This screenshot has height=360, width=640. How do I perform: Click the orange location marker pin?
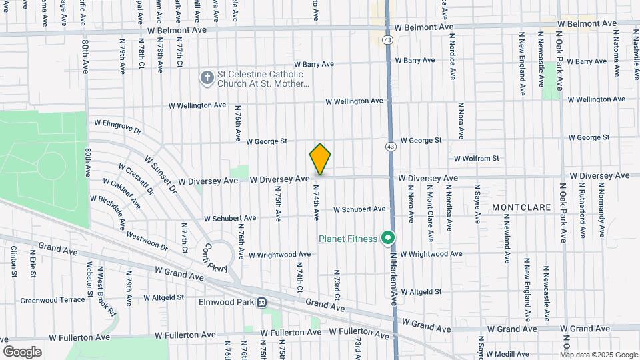(x=320, y=159)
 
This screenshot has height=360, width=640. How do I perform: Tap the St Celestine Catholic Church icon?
(x=207, y=79)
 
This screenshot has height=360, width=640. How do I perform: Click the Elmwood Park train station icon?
(x=262, y=301)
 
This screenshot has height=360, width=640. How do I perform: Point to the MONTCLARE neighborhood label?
(x=521, y=207)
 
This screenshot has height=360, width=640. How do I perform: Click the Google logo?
(x=22, y=351)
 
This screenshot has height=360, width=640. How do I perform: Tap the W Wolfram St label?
(x=476, y=159)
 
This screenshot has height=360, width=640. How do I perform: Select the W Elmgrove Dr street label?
(x=118, y=125)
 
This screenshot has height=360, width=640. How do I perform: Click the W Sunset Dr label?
(x=161, y=175)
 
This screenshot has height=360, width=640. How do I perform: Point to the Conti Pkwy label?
(x=217, y=255)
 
